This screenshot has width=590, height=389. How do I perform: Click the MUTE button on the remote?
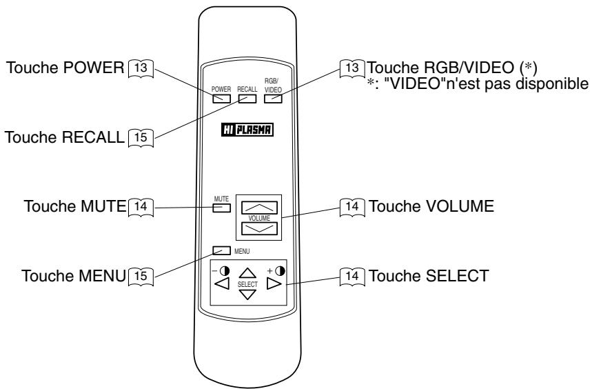pos(221,208)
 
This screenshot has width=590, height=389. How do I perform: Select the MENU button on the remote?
pos(221,250)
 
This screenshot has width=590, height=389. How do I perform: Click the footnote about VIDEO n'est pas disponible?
pos(478,83)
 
